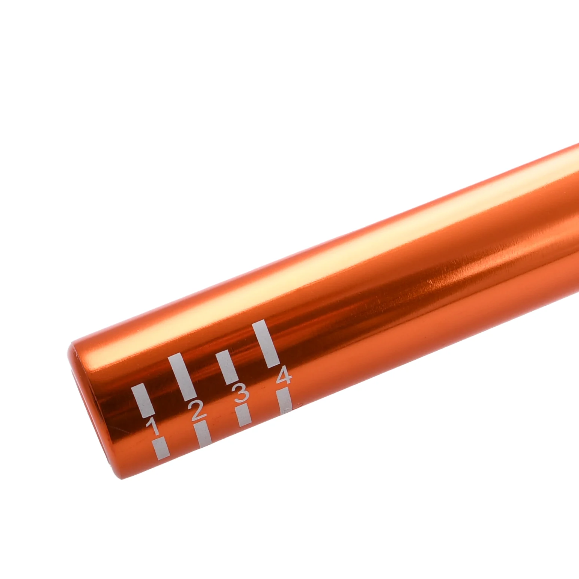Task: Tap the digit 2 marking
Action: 198,410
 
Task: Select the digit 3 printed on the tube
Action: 241,393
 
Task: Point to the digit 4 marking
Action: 284,376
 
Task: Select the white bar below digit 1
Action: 161,448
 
